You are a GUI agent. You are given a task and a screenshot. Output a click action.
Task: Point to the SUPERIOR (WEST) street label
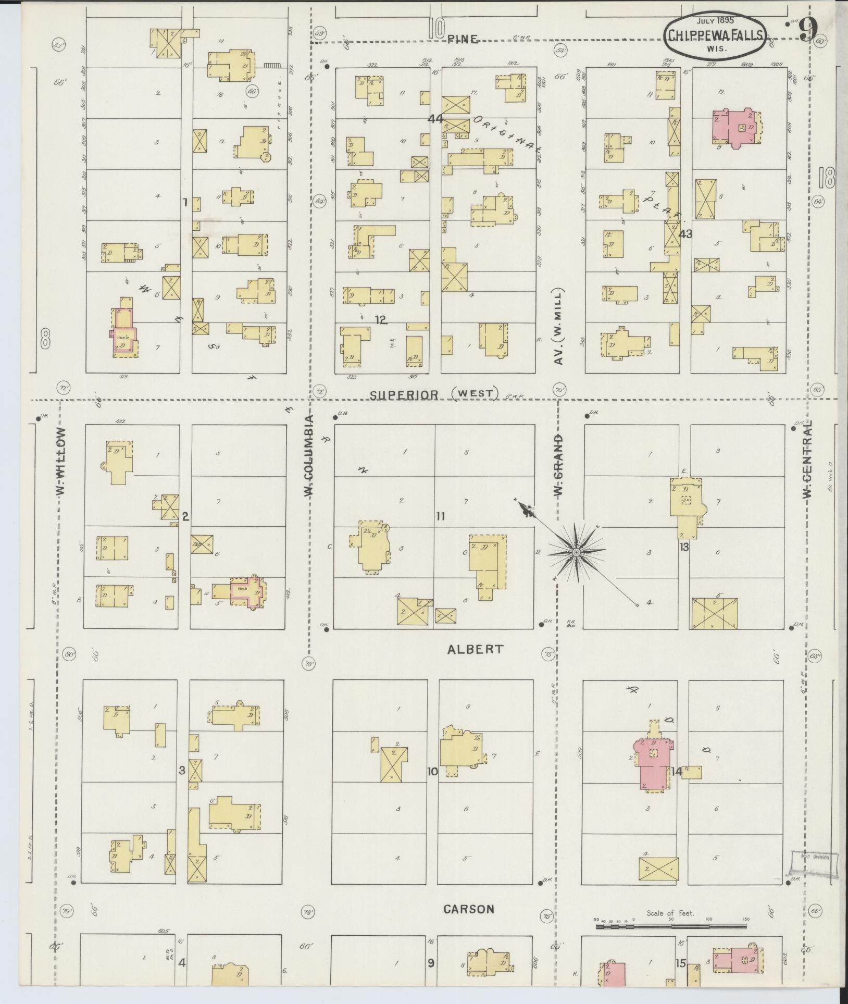coord(434,394)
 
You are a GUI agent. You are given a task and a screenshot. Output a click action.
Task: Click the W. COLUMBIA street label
coord(309,455)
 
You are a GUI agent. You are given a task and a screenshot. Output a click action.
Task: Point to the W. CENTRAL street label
coord(807,459)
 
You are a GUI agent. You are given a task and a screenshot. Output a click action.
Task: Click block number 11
coord(441,516)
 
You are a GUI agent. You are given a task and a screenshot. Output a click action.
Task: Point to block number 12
coord(381,320)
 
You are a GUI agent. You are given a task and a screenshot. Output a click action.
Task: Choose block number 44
coord(435,119)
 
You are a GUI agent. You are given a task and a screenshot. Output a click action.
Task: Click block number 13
coord(684,547)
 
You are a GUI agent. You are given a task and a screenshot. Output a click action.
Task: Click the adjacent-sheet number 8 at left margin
coord(46,342)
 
